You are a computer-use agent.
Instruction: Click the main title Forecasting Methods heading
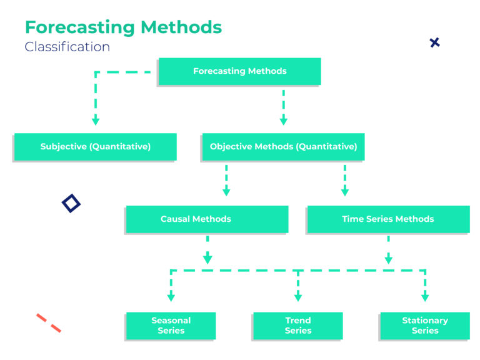pyautogui.click(x=123, y=27)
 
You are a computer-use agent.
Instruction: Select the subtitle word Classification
pyautogui.click(x=67, y=47)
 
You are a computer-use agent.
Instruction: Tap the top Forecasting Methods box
pyautogui.click(x=239, y=71)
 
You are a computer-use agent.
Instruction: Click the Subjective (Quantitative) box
pyautogui.click(x=95, y=147)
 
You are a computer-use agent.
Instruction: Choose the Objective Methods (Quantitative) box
pyautogui.click(x=283, y=147)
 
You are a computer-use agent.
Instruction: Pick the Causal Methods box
pyautogui.click(x=207, y=219)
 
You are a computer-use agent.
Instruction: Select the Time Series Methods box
pyautogui.click(x=387, y=219)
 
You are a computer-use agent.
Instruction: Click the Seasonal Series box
pyautogui.click(x=171, y=326)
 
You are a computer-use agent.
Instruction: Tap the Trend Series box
pyautogui.click(x=297, y=326)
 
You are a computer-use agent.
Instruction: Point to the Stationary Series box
pyautogui.click(x=424, y=326)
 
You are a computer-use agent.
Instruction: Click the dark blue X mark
pyautogui.click(x=434, y=42)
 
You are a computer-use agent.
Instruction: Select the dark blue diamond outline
pyautogui.click(x=71, y=203)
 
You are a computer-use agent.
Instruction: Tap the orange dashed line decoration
pyautogui.click(x=48, y=322)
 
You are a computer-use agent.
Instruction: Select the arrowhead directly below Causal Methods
pyautogui.click(x=207, y=258)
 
